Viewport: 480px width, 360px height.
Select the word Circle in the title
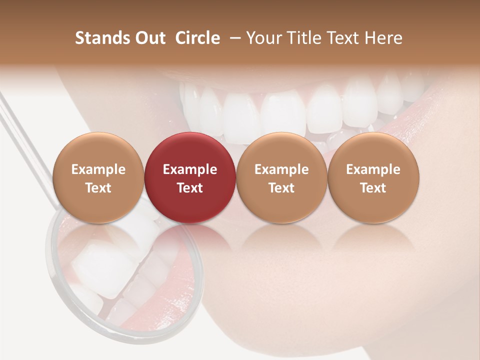[x=197, y=38]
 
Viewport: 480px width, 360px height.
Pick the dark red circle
[x=190, y=177]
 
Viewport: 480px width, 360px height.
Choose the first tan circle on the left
[x=98, y=177]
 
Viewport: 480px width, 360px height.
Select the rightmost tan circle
[x=373, y=177]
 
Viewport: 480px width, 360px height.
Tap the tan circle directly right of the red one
[x=281, y=177]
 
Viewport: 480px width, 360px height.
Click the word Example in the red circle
[x=190, y=169]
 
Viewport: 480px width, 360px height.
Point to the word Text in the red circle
[x=190, y=188]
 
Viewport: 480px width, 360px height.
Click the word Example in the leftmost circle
[x=98, y=169]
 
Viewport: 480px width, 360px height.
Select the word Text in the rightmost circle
[x=373, y=188]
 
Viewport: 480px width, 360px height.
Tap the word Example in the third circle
[x=281, y=169]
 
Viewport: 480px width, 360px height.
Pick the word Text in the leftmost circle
[x=98, y=188]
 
